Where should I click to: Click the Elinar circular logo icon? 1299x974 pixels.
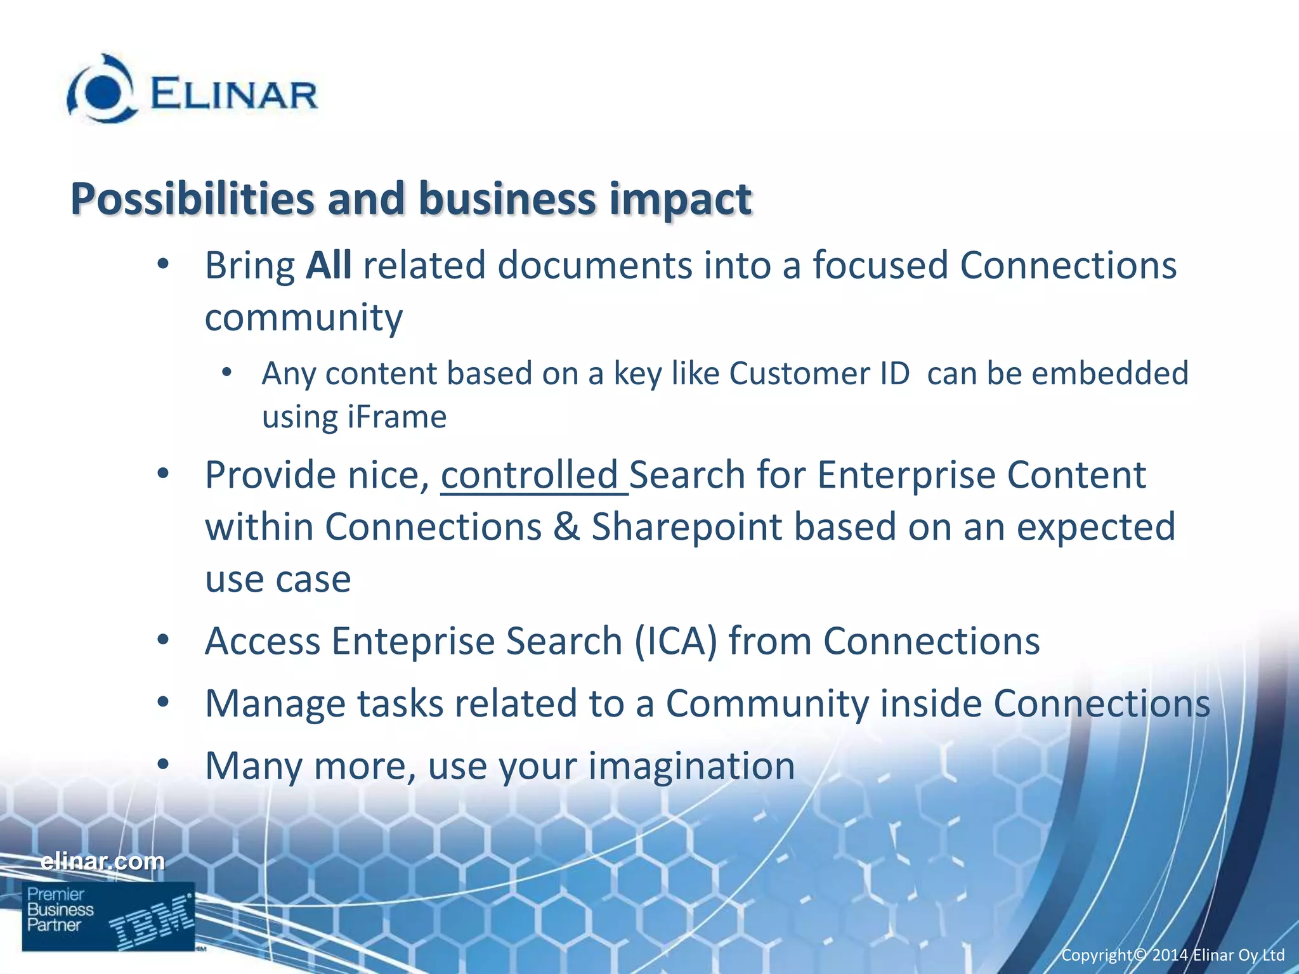click(x=101, y=90)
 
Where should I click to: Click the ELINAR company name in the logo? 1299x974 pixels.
click(x=233, y=95)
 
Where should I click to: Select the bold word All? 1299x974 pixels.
click(x=328, y=265)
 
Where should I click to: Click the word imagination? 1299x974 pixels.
click(x=691, y=766)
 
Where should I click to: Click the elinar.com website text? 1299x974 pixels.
click(x=102, y=861)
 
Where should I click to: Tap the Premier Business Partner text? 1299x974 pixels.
click(x=59, y=909)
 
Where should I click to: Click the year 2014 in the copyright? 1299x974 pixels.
click(x=1170, y=955)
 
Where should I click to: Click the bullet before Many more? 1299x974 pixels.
click(x=163, y=765)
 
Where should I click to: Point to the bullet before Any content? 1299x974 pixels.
click(x=226, y=373)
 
